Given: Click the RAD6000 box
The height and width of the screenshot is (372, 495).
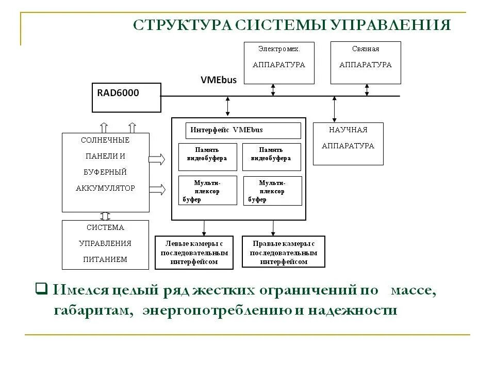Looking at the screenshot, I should (126, 98).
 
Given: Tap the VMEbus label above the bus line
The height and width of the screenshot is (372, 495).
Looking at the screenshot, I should (218, 80).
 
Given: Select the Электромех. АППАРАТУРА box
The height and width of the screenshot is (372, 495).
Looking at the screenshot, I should (278, 63).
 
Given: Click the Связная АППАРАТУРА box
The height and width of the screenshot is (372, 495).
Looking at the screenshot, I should (366, 63).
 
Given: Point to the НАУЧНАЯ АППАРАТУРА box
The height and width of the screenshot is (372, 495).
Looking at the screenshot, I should (348, 144).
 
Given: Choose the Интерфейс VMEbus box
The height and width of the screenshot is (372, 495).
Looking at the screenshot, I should (243, 130).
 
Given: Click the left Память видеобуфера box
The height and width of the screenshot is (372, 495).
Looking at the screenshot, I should (207, 157).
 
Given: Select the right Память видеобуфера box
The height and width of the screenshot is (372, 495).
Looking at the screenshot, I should (271, 157).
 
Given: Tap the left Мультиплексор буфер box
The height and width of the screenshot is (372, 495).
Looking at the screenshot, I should (207, 191).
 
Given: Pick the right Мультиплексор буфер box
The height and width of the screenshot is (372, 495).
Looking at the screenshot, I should (272, 191).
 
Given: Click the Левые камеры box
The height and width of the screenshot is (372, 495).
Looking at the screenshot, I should (194, 253).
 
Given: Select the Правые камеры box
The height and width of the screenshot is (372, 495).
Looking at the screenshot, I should (284, 253).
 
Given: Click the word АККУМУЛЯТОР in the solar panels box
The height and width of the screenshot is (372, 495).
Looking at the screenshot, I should (105, 188).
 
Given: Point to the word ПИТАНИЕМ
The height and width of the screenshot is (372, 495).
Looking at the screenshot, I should (105, 259).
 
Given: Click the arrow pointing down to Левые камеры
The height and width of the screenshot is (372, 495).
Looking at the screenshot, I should (204, 227).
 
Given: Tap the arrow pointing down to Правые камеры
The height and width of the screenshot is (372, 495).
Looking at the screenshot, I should (273, 227).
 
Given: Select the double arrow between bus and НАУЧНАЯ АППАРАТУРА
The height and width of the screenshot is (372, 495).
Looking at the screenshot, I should (334, 109).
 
